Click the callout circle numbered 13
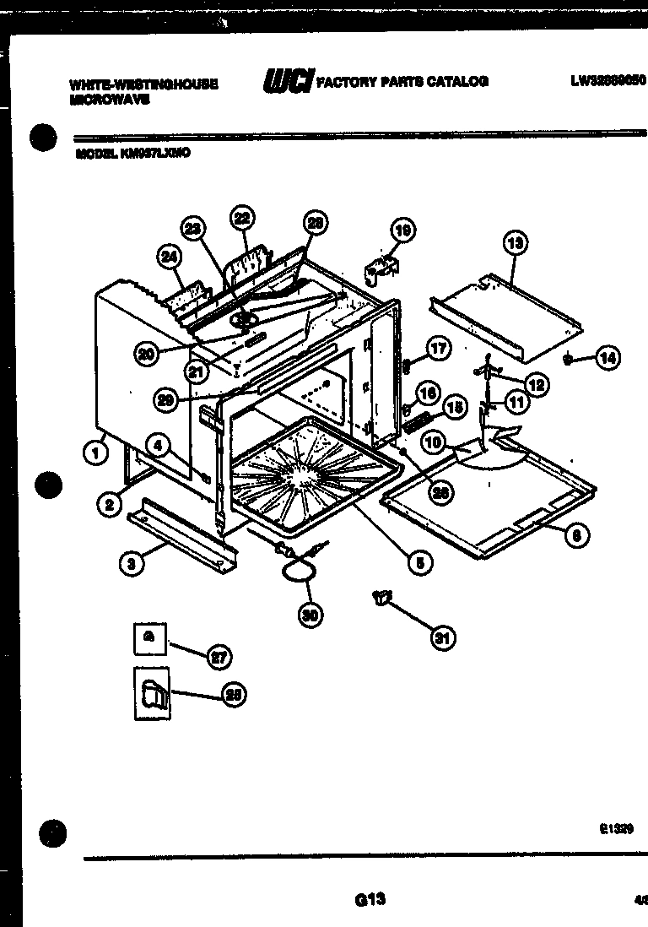point(515,244)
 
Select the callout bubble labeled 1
point(95,453)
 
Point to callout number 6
point(576,534)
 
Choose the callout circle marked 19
point(403,230)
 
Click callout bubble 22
point(242,219)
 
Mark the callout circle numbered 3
point(130,564)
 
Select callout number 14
point(607,358)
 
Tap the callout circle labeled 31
point(441,638)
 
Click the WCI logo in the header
point(287,81)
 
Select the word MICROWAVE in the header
point(110,98)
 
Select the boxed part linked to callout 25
point(152,693)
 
